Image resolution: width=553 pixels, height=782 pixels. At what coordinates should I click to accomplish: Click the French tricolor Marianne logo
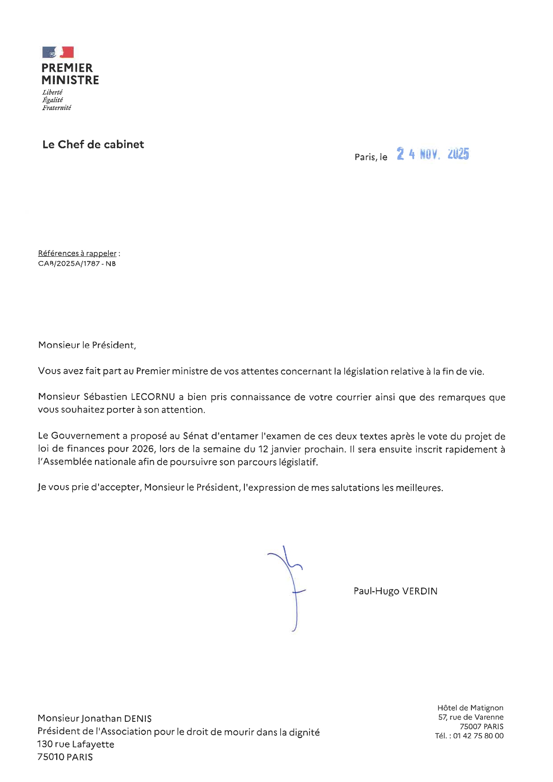[x=58, y=52]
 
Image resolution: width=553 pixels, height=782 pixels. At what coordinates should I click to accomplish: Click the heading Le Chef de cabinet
[x=93, y=144]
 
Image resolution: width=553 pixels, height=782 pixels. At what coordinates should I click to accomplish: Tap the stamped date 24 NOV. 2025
[x=433, y=154]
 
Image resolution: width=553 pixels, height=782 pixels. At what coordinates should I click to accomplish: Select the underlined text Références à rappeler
[x=77, y=253]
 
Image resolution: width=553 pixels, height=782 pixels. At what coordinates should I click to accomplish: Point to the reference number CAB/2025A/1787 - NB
[x=77, y=263]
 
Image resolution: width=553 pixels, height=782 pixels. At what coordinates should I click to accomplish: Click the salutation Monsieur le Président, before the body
[x=87, y=345]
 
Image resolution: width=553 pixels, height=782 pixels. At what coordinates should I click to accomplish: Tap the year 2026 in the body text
[x=143, y=449]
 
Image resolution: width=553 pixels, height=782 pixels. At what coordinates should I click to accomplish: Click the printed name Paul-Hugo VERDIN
[x=395, y=591]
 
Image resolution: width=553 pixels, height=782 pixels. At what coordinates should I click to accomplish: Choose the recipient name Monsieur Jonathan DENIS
[x=95, y=718]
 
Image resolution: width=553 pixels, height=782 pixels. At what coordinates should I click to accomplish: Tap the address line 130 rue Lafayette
[x=76, y=744]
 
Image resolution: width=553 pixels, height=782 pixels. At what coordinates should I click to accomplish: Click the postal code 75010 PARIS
[x=65, y=757]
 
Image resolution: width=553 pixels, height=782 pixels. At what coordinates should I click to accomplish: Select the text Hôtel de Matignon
[x=470, y=708]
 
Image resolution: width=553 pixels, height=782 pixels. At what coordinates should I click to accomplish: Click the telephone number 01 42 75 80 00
[x=478, y=736]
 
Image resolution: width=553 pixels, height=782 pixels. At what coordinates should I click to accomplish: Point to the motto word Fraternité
[x=57, y=108]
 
